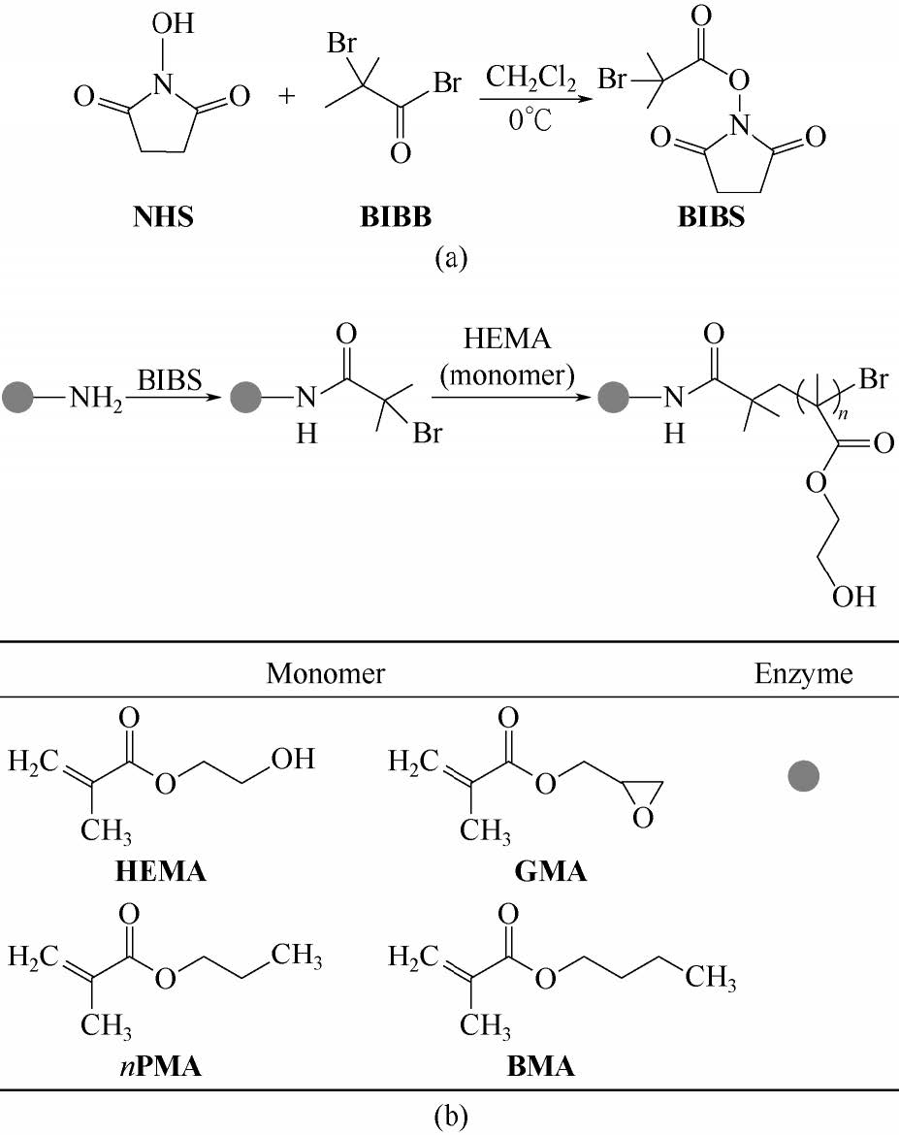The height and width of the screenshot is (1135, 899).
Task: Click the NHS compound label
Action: point(162,215)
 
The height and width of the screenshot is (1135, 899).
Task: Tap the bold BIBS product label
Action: point(711,215)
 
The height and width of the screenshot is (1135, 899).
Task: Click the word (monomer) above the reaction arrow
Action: point(502,374)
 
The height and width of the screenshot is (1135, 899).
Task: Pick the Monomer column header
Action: point(325,673)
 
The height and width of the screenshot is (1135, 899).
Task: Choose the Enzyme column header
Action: point(803,673)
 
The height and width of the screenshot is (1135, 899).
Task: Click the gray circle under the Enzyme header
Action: point(803,774)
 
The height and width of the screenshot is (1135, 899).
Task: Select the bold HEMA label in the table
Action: point(160,871)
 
